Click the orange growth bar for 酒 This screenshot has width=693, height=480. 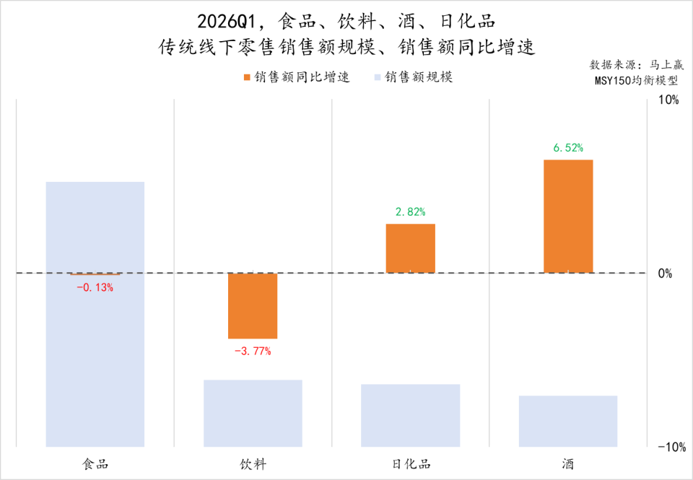coord(567,216)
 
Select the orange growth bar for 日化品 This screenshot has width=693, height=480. coord(410,248)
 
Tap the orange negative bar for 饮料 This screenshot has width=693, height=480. coord(253,305)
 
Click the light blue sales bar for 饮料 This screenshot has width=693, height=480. coord(253,413)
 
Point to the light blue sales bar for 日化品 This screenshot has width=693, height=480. coord(410,415)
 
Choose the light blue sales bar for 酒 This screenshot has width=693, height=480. coord(567,421)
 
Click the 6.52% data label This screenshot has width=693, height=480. coord(568,148)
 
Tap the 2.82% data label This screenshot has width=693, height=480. coord(410,212)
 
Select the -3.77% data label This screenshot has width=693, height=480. coord(253,352)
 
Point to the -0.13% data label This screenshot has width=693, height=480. coord(95,287)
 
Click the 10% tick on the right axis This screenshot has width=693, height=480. coord(668,100)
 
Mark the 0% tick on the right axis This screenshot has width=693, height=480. coord(665,274)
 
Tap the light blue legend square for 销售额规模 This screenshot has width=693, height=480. coord(377,77)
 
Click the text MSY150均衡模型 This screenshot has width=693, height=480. coord(635,80)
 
